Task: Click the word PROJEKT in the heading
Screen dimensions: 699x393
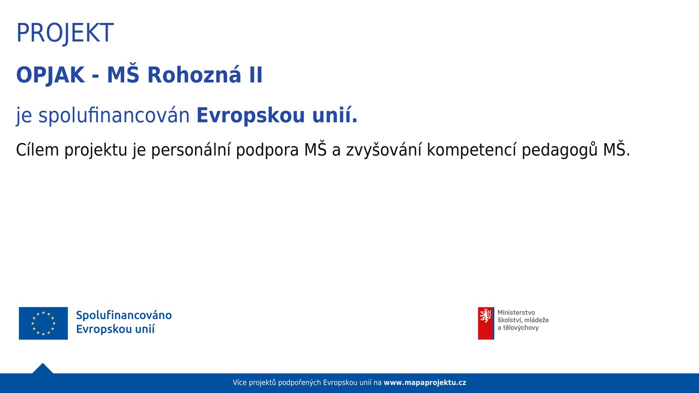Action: click(x=65, y=33)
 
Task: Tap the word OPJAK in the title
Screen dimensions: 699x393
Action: click(x=50, y=75)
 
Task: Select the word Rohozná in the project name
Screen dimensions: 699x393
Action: click(x=194, y=75)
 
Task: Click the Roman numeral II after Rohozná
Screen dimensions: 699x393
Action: click(x=256, y=75)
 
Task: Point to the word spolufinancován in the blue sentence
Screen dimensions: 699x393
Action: click(x=114, y=115)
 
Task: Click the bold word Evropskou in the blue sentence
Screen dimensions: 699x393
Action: click(x=251, y=115)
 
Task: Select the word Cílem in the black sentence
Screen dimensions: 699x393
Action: click(x=37, y=150)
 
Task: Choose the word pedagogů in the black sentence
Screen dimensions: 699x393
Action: click(x=560, y=151)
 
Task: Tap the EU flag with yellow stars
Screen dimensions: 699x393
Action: click(x=43, y=323)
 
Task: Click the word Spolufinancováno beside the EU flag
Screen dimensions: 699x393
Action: click(x=124, y=315)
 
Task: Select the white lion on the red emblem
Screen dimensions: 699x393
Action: click(x=485, y=315)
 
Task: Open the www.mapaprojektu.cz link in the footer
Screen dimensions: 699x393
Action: click(x=425, y=383)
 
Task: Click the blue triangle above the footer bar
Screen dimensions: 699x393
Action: click(x=43, y=369)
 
